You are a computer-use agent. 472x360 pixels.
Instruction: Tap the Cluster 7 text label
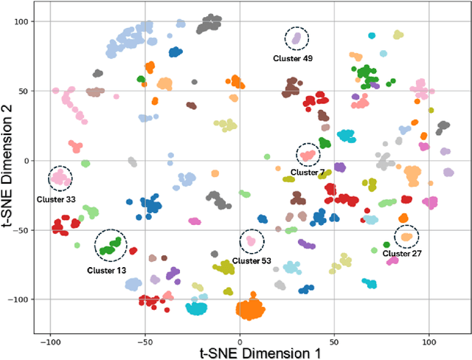[x=308, y=173]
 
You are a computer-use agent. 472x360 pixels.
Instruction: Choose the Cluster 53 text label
[x=251, y=260]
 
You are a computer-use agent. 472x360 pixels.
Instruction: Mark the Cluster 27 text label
[x=402, y=253]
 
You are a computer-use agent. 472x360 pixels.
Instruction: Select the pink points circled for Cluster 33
[x=60, y=177]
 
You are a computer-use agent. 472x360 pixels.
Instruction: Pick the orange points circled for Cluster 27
[x=406, y=237]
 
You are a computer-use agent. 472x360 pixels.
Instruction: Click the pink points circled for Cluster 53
[x=251, y=240]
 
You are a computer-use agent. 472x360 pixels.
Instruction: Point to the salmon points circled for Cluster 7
[x=308, y=155]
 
